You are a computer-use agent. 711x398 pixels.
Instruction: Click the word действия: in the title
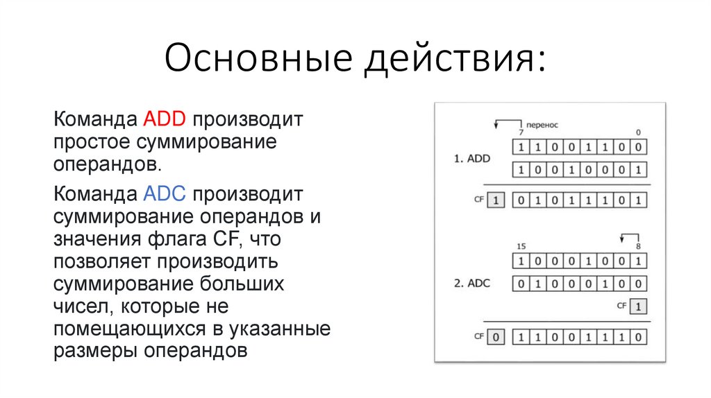pos(455,60)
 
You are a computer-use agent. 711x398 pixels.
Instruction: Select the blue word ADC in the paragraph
pos(164,192)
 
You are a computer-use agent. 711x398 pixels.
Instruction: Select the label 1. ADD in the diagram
pos(472,159)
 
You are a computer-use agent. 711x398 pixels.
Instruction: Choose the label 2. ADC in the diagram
pos(472,283)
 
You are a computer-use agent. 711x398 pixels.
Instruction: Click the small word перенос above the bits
pos(542,125)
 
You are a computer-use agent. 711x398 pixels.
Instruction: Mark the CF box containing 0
pos(495,337)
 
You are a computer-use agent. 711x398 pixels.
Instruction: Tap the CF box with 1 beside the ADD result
pos(495,201)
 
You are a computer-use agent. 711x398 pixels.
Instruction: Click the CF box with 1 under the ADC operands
pos(639,306)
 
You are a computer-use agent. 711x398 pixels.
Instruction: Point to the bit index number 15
pos(521,247)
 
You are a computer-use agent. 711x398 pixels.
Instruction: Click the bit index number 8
pos(637,247)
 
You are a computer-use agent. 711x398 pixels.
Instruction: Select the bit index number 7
pos(520,132)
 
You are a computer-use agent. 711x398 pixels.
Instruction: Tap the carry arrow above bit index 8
pos(629,236)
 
